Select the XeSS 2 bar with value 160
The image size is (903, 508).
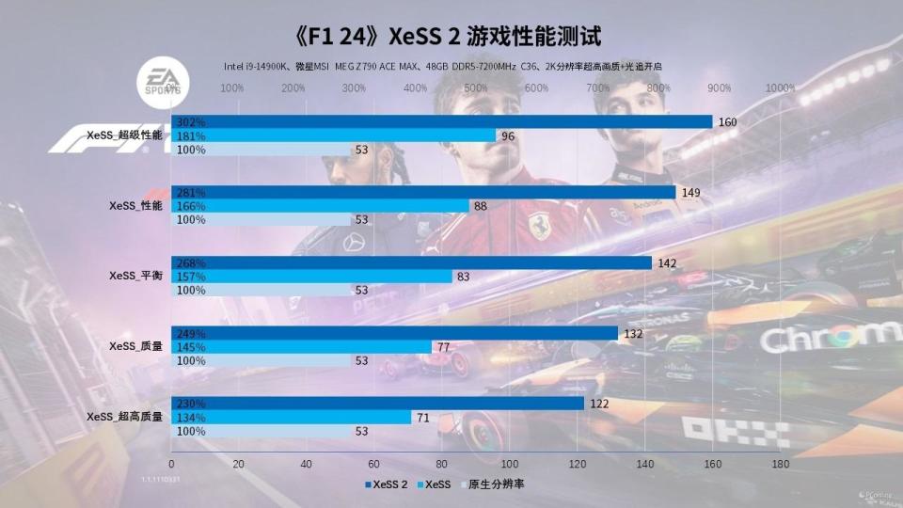point(442,121)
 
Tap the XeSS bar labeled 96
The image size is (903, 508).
point(334,135)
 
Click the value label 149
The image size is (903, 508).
point(691,192)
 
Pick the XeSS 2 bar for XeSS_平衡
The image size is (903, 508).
point(411,262)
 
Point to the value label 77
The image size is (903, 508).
point(443,347)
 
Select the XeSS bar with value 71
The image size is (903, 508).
point(292,418)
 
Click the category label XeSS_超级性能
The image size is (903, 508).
point(124,135)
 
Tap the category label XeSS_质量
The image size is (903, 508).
point(135,347)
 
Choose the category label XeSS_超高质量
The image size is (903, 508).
point(124,418)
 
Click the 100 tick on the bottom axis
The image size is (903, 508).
point(510,464)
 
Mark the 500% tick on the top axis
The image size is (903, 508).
point(476,88)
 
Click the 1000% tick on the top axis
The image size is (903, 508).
point(780,88)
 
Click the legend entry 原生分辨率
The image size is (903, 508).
point(495,484)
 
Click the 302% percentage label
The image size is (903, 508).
point(191,121)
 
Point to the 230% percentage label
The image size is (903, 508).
point(191,404)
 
